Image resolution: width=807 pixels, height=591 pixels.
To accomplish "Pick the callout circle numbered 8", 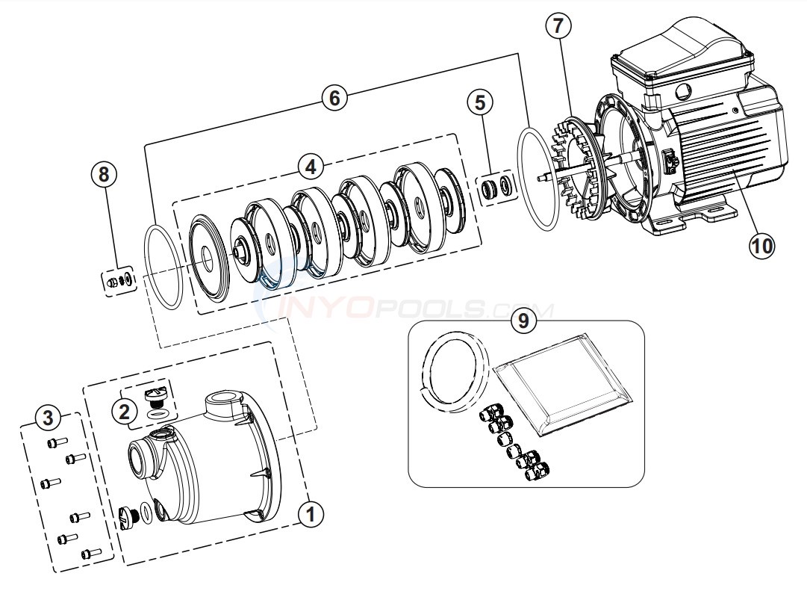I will click(104, 174).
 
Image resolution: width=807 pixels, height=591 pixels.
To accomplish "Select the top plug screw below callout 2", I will click(157, 394).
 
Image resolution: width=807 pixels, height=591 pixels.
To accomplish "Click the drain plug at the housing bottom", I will click(128, 516).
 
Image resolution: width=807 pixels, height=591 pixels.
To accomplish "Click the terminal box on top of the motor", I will click(680, 60).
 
